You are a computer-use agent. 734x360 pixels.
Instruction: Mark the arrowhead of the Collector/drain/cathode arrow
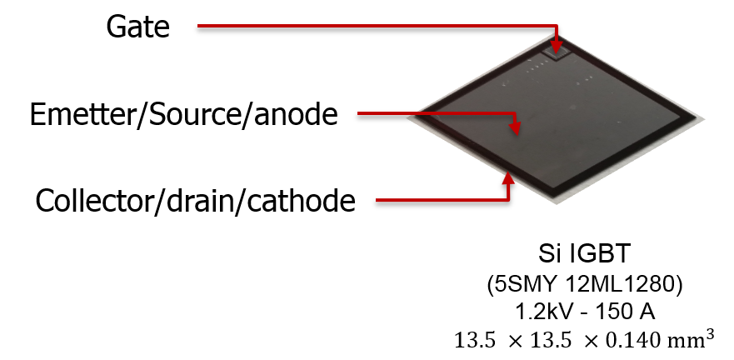[x=508, y=172]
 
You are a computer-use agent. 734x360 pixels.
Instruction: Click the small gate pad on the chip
[x=557, y=52]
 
